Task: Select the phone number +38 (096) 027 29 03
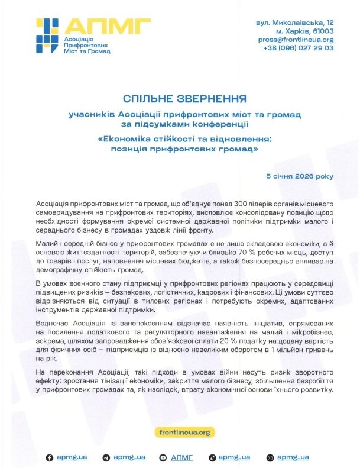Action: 298,49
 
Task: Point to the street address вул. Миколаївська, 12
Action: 294,22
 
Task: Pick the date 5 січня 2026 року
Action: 300,176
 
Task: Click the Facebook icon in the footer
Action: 50,457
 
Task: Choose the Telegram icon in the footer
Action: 106,457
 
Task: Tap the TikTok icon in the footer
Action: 212,457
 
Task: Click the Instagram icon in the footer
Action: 270,457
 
